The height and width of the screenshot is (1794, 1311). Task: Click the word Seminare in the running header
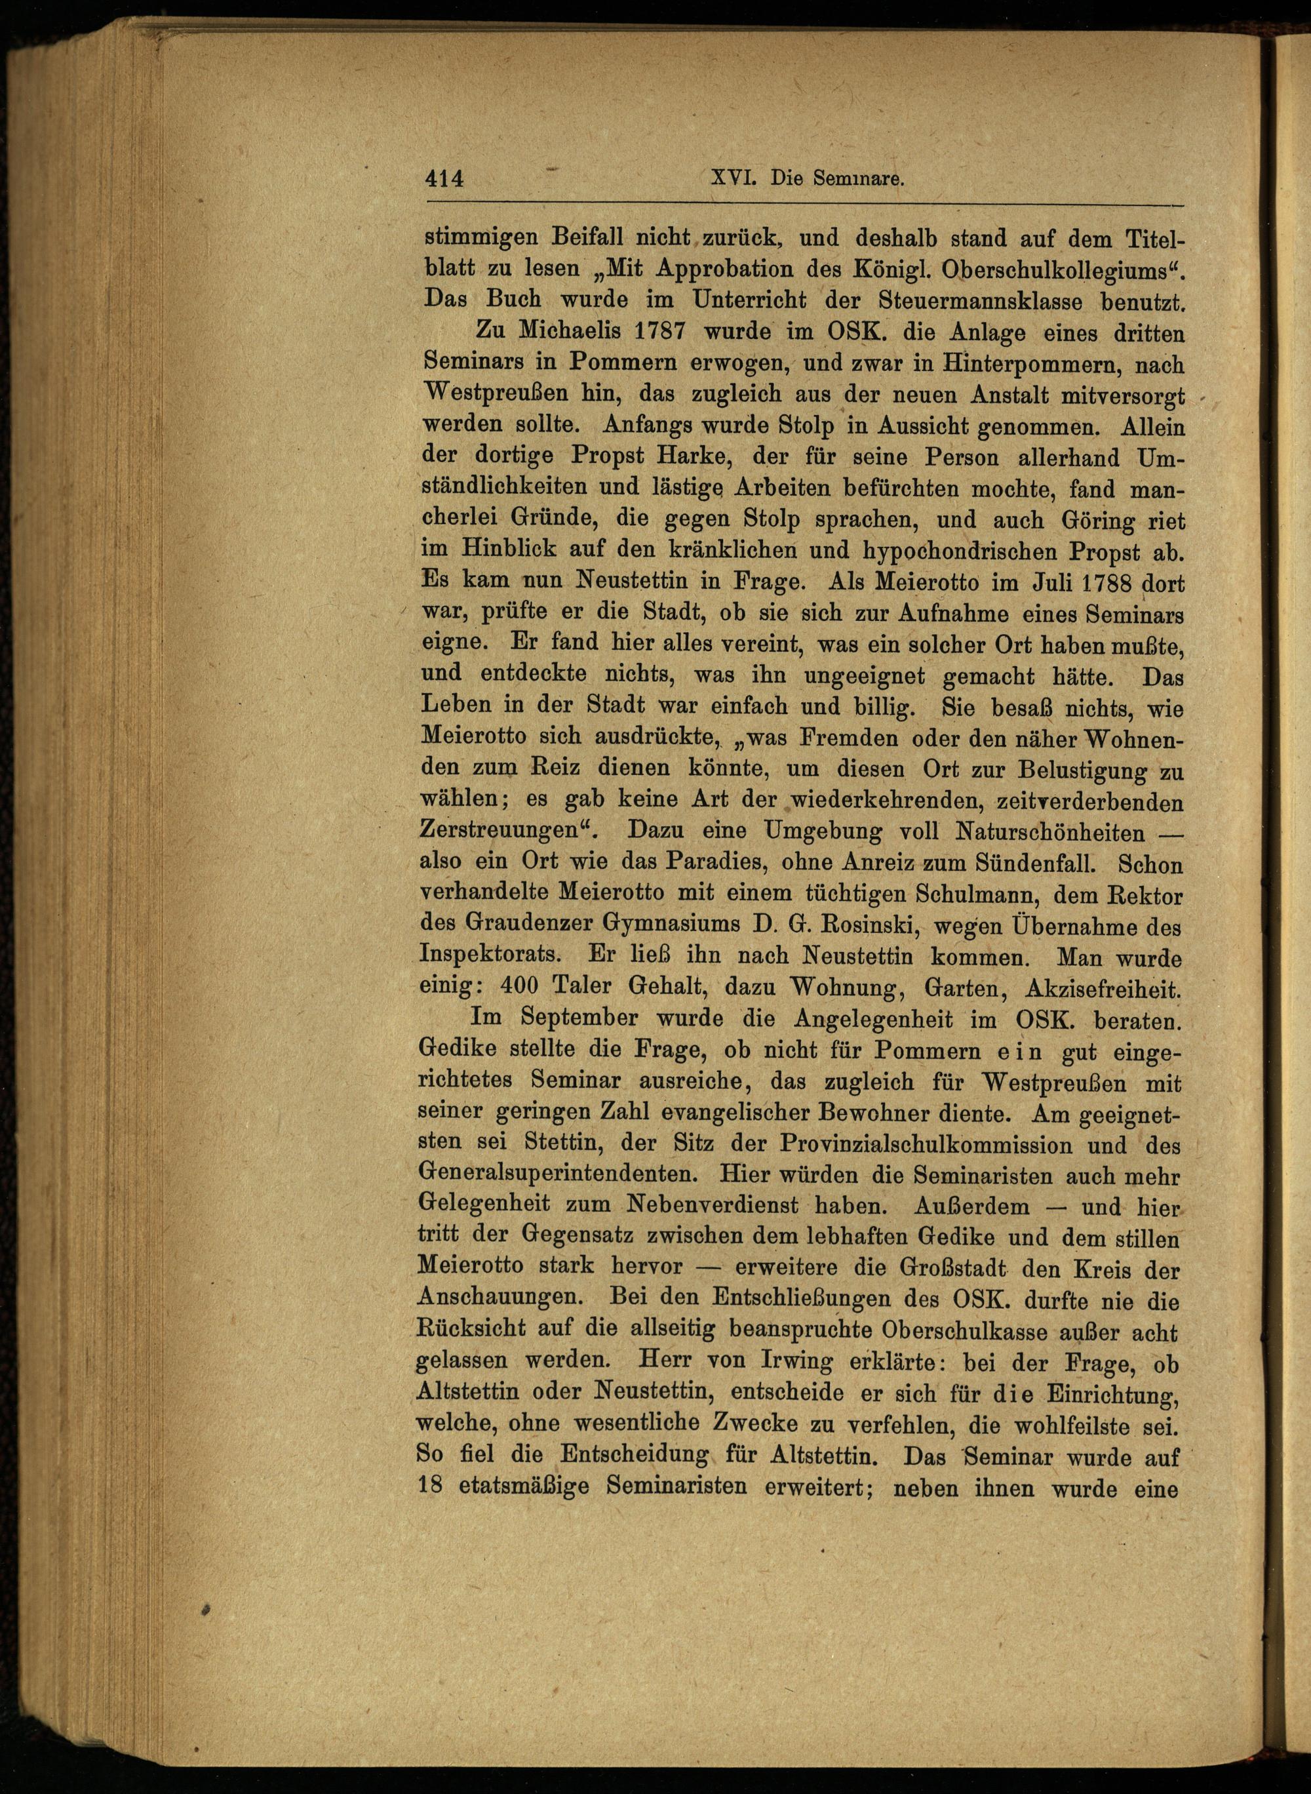click(859, 180)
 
